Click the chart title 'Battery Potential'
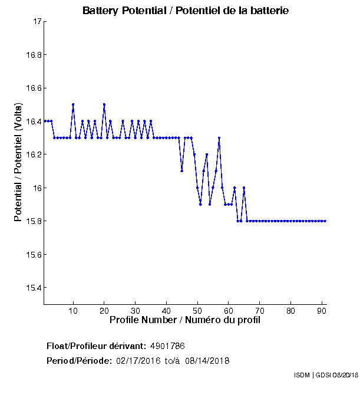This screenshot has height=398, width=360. pos(186,11)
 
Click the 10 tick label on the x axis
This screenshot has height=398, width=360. pos(73,311)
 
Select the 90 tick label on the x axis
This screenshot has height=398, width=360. pos(322,311)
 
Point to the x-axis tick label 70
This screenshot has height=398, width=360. pos(260,311)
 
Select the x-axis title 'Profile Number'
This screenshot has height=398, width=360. pos(185,320)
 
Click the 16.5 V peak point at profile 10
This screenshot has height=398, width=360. pos(73,104)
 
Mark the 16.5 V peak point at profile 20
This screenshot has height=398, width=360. pos(104,104)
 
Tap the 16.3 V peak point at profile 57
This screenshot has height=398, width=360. pos(219,138)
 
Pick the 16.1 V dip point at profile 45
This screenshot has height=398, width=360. pos(182,171)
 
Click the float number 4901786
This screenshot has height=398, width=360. pos(168,346)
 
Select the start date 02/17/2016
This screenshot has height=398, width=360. pos(139,361)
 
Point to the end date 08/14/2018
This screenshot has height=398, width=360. pos(207,361)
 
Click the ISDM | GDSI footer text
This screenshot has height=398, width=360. pos(326,375)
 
